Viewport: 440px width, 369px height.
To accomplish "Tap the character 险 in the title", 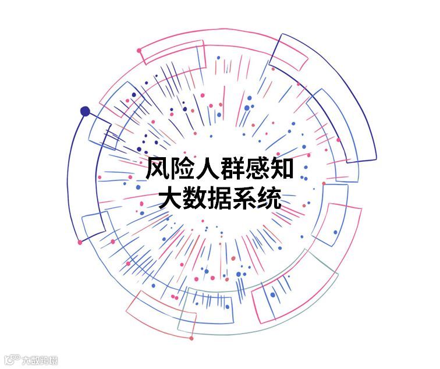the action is (186, 169).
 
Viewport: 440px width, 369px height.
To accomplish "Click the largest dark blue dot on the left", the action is (85, 111).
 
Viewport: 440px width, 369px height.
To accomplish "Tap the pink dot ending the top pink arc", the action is (139, 51).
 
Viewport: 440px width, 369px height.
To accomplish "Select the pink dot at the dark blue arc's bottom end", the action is (80, 242).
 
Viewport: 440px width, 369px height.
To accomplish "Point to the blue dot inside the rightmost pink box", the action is (335, 233).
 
